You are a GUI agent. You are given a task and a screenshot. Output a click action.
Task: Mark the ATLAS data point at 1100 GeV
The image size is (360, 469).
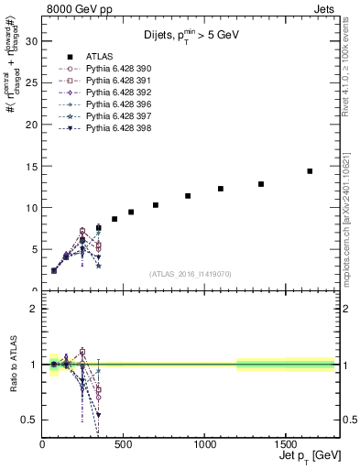(x=221, y=189)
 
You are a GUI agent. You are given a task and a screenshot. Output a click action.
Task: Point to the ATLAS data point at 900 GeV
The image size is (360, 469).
(x=188, y=196)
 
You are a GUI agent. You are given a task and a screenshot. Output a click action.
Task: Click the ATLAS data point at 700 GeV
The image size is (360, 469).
(x=156, y=205)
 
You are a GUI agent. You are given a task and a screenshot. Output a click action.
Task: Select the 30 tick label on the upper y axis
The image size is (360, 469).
(x=30, y=41)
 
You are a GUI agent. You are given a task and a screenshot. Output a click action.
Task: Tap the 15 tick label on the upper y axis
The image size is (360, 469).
(x=30, y=166)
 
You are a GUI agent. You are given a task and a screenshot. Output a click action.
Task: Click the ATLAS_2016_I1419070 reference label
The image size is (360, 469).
(x=191, y=274)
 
